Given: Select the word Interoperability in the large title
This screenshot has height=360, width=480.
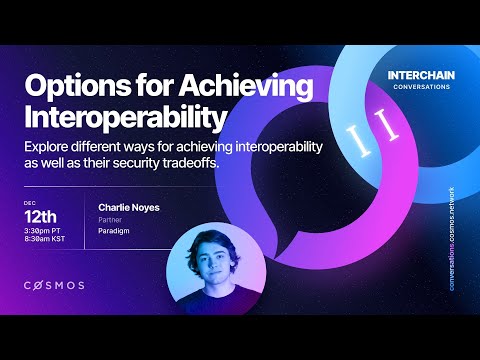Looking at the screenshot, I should [x=119, y=117].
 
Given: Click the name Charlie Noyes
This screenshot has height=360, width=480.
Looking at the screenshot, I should [x=128, y=207].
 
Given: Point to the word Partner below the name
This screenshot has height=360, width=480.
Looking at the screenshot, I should [x=110, y=220].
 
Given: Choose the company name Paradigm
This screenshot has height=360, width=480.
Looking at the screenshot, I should [x=114, y=232].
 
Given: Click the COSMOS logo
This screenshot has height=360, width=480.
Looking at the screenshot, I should [x=54, y=285].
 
